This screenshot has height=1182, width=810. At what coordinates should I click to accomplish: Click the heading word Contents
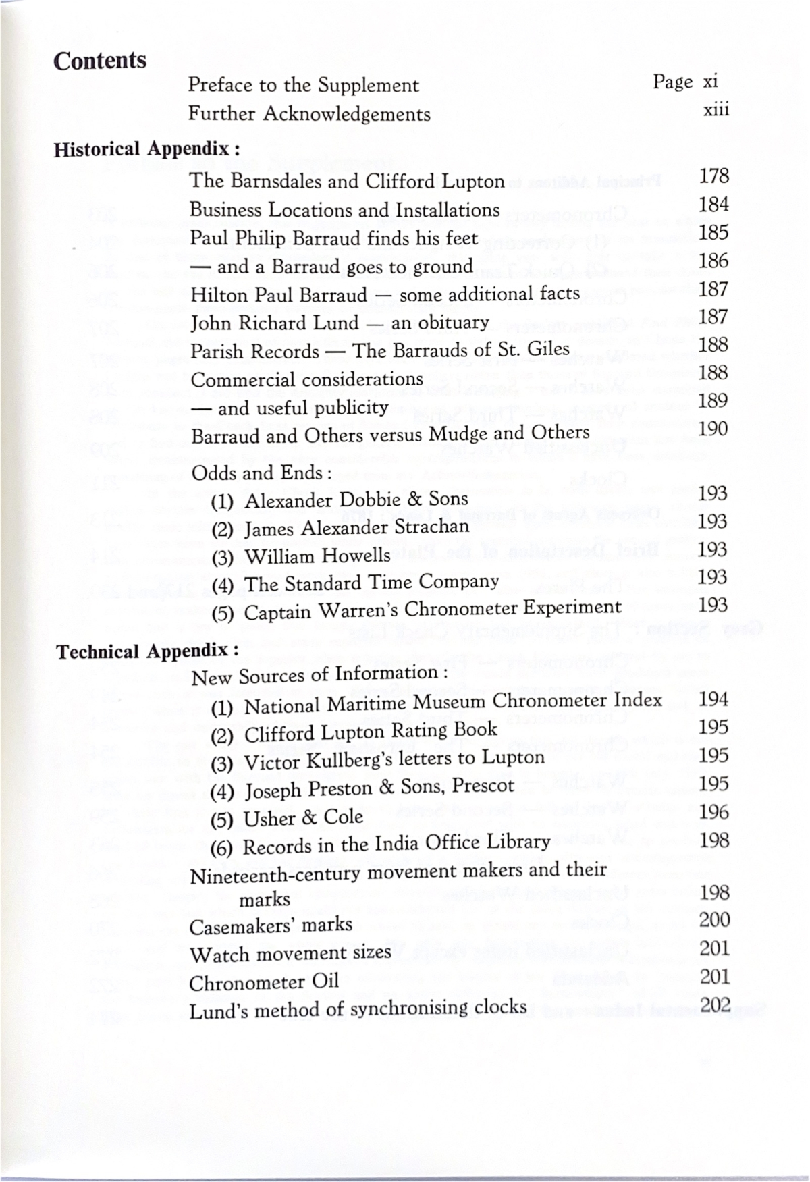click(100, 61)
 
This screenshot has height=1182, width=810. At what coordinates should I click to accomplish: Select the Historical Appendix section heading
click(146, 149)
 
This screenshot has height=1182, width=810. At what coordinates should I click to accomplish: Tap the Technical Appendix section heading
click(146, 651)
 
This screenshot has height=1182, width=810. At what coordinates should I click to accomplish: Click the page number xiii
click(715, 111)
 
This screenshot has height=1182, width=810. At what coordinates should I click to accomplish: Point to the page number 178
click(713, 176)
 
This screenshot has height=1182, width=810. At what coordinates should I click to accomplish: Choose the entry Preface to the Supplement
click(303, 86)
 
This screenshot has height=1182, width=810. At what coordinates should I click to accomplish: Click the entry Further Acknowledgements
click(309, 114)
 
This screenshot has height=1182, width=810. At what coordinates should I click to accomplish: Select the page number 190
click(713, 429)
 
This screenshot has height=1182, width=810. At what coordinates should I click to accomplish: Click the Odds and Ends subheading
click(261, 473)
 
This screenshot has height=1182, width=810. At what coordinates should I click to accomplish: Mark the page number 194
click(713, 699)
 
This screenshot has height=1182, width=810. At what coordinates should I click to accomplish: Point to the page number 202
click(715, 1005)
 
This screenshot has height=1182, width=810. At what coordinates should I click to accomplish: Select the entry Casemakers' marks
click(271, 925)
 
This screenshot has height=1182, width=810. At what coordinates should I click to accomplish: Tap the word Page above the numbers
click(672, 82)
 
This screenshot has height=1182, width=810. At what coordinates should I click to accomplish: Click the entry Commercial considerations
click(306, 379)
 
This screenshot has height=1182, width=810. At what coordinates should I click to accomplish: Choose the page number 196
click(713, 812)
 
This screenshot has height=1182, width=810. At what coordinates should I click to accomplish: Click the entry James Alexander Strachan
click(340, 528)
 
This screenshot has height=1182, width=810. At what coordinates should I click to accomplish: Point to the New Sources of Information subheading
click(319, 675)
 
